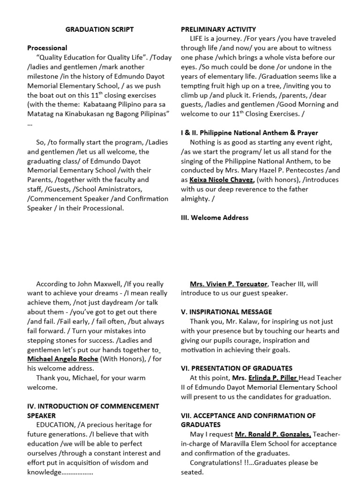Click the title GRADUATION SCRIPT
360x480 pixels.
[x=99, y=29]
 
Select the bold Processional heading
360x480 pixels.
[x=47, y=48]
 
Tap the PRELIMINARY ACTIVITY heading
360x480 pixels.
[x=218, y=29]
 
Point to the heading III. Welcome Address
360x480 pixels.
[x=215, y=217]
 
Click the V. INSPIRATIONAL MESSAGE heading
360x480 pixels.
[x=226, y=312]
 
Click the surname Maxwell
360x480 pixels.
[x=97, y=284]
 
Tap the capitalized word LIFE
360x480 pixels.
[x=197, y=38]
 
